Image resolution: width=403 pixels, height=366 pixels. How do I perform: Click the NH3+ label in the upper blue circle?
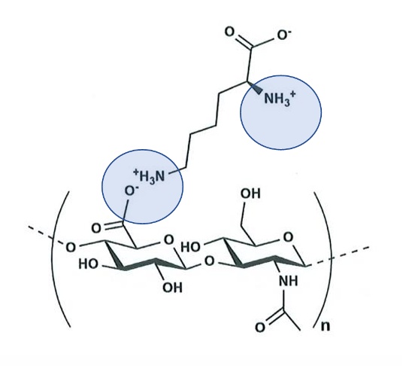(280, 99)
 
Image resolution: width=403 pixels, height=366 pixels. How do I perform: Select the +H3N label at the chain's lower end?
(149, 175)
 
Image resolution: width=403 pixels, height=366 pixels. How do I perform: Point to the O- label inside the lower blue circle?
(131, 191)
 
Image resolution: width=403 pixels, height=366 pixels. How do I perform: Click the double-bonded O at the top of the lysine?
(229, 32)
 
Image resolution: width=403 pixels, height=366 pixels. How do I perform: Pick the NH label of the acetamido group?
(289, 281)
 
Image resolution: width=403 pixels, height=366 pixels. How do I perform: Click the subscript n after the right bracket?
(325, 326)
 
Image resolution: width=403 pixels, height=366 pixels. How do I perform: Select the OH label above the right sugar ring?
(250, 194)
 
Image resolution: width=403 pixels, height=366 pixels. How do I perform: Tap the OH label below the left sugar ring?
(173, 287)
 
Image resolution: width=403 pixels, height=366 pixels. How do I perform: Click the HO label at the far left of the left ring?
(88, 264)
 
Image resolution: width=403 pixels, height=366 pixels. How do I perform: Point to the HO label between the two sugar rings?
(191, 247)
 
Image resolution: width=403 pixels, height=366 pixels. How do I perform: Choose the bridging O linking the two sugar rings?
(209, 261)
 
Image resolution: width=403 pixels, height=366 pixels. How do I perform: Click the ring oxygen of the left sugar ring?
(169, 240)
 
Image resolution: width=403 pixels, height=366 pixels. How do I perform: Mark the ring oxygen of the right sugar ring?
(288, 237)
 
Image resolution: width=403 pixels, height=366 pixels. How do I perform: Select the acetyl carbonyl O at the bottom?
(260, 328)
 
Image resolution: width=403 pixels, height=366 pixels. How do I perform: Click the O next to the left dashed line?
(71, 248)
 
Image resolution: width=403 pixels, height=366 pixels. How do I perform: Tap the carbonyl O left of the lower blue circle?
(96, 228)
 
